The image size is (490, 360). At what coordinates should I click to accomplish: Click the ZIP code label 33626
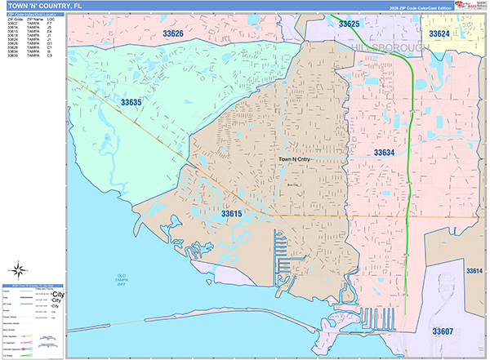pyautogui.click(x=172, y=33)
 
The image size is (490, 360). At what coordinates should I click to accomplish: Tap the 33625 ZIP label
pyautogui.click(x=348, y=24)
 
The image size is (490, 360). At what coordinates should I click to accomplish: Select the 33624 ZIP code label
pyautogui.click(x=439, y=33)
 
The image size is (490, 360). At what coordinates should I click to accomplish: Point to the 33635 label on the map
pyautogui.click(x=131, y=103)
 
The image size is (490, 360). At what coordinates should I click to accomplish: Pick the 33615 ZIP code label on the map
pyautogui.click(x=231, y=213)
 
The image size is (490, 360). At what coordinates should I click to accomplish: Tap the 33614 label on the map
pyautogui.click(x=474, y=270)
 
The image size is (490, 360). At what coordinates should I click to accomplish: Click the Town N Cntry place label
pyautogui.click(x=294, y=159)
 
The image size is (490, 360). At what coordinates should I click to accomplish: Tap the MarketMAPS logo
pyautogui.click(x=472, y=7)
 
